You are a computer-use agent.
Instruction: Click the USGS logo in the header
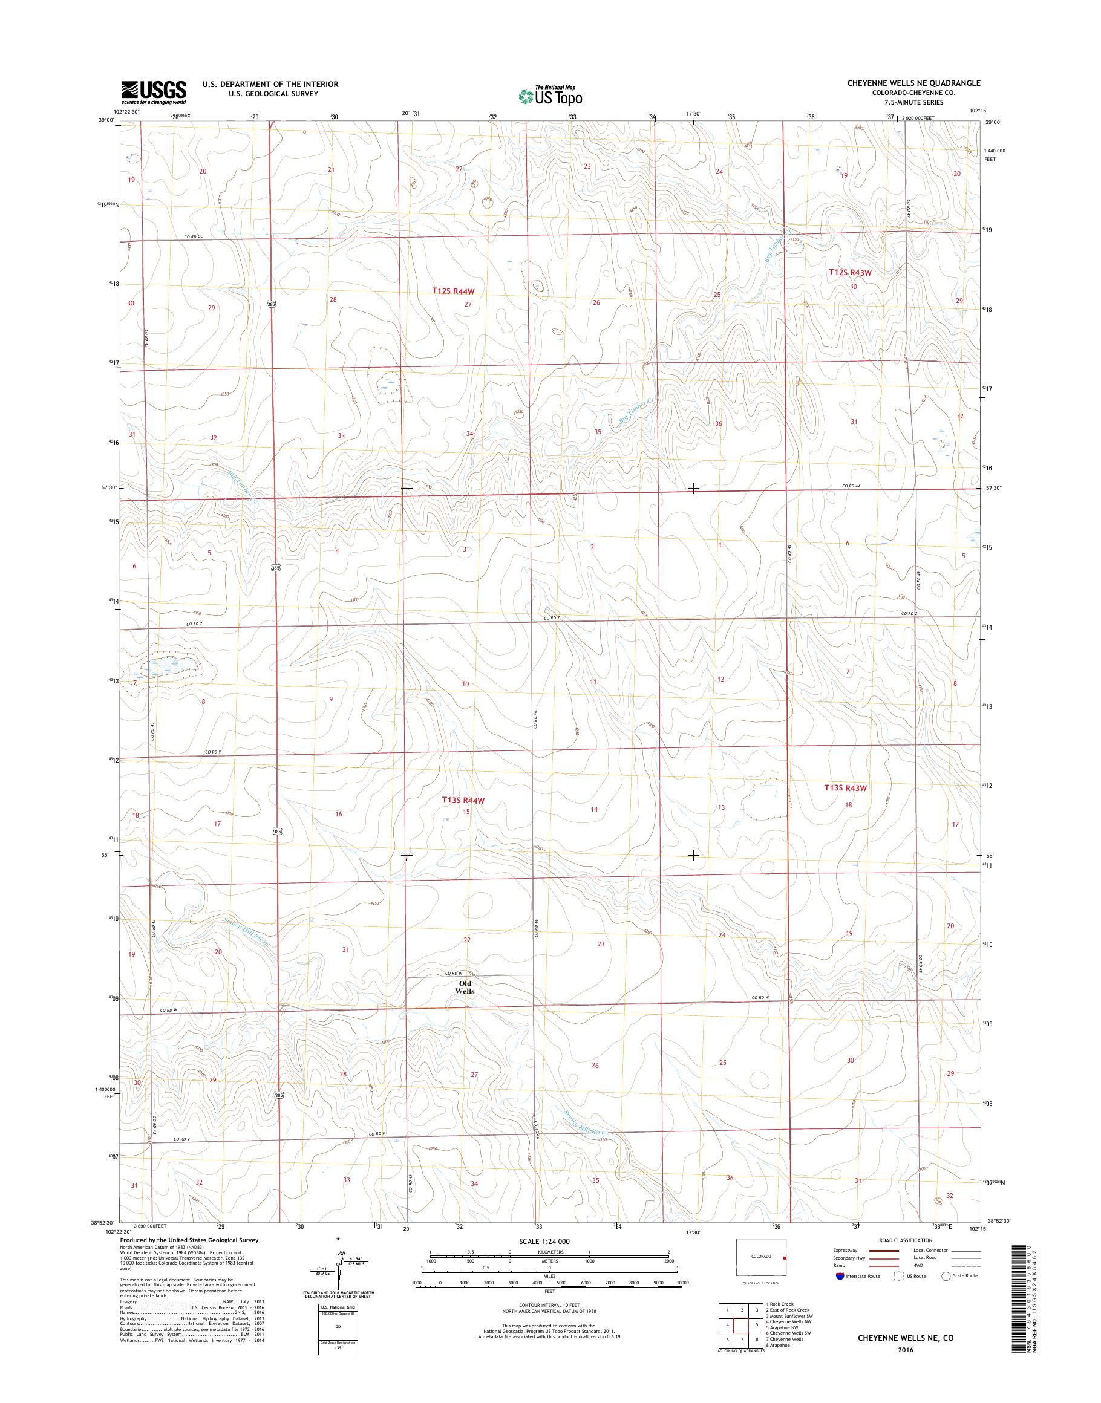click(x=154, y=92)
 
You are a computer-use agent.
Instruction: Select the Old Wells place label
click(x=464, y=1004)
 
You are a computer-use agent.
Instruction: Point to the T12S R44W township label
click(x=453, y=291)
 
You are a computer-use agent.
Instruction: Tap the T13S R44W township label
click(x=463, y=801)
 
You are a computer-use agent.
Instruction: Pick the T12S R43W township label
click(x=849, y=273)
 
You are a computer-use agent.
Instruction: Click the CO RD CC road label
click(x=193, y=237)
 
